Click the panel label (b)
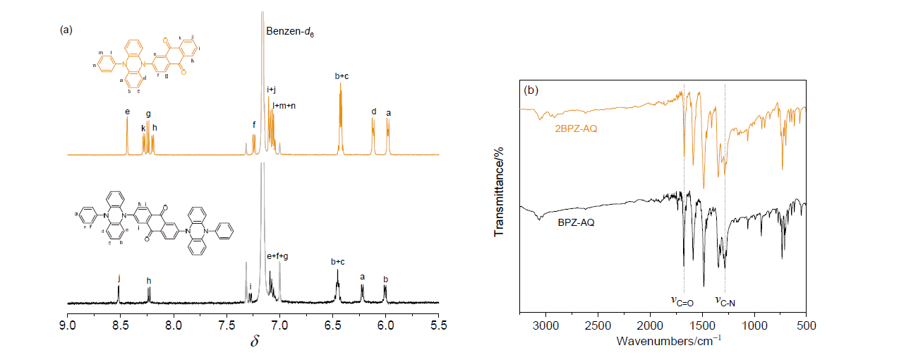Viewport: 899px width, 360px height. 530,91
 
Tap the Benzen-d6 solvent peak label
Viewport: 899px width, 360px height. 290,32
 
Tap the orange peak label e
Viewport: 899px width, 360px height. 127,112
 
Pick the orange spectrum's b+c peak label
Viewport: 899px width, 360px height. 341,76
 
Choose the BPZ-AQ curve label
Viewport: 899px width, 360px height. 574,223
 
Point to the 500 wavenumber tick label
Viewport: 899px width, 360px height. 806,325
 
